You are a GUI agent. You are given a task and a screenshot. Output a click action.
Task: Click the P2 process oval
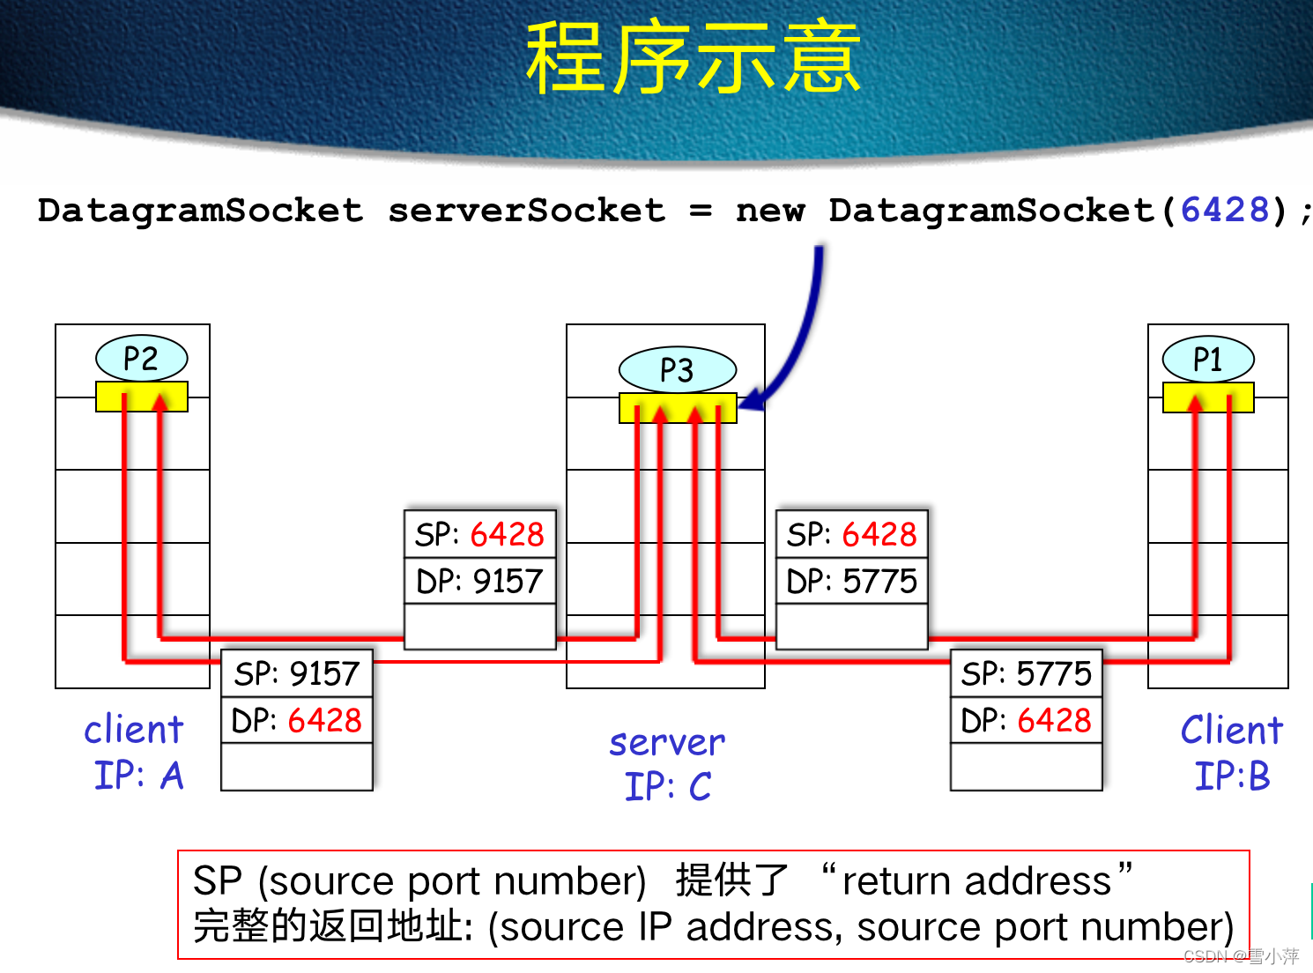(141, 359)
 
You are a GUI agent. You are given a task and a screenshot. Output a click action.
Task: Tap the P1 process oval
(1207, 360)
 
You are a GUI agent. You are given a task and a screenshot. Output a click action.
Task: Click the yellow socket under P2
(141, 397)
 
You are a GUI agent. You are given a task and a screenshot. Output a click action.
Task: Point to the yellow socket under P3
(677, 408)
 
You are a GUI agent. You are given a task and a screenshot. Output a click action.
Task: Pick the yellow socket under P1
(1207, 397)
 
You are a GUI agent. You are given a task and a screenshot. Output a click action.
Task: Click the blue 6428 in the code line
(1224, 211)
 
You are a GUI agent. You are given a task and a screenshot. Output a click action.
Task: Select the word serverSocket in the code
(526, 211)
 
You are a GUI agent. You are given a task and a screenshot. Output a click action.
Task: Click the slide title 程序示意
(693, 60)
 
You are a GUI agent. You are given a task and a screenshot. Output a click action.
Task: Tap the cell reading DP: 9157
(479, 581)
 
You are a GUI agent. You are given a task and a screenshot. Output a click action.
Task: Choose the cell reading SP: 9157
(297, 673)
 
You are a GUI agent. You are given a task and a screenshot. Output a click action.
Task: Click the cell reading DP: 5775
(851, 581)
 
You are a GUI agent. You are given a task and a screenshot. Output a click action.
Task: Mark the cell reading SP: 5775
(1026, 673)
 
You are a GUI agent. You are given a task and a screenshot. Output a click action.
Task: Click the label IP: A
(138, 776)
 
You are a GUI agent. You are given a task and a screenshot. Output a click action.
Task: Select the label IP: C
(667, 786)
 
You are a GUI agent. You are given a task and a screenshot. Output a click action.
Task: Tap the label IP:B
(1231, 776)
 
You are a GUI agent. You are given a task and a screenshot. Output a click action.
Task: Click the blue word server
(667, 742)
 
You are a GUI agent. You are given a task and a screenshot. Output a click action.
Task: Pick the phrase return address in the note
(976, 880)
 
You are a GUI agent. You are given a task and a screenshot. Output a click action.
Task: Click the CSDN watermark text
(1240, 956)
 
